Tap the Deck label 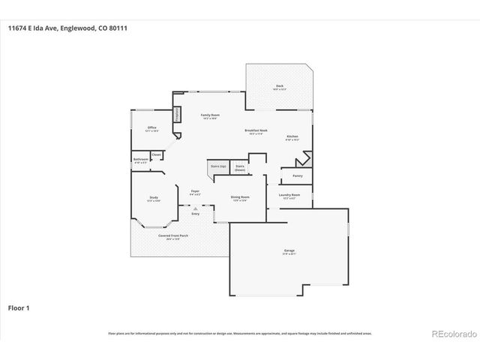(x=280, y=86)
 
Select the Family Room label (x=210, y=115)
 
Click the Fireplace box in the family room (x=178, y=115)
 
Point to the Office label (x=151, y=127)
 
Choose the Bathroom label (x=141, y=159)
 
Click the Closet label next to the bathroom (x=157, y=154)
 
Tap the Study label (x=153, y=198)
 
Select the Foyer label (x=195, y=190)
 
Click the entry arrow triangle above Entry (x=195, y=209)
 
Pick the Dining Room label (x=240, y=196)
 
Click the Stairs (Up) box (x=218, y=166)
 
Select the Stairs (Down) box (x=240, y=168)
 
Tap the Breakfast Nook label (x=256, y=130)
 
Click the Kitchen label (x=292, y=136)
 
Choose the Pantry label (x=298, y=175)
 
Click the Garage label (x=289, y=252)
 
